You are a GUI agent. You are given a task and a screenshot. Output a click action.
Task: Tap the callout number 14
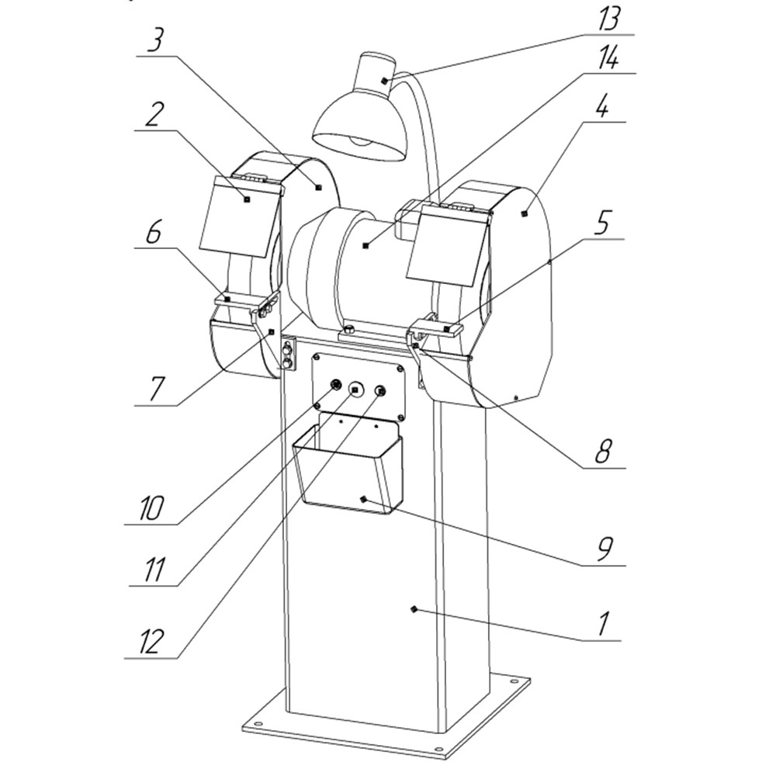608,60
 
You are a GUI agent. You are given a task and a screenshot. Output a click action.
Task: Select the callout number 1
603,625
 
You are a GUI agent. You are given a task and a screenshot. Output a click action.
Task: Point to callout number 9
604,549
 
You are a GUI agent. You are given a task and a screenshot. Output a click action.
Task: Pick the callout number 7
155,389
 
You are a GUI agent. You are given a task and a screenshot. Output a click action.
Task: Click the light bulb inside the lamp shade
362,141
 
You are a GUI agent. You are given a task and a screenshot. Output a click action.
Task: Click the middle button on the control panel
355,390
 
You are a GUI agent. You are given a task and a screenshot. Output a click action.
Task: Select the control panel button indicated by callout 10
336,385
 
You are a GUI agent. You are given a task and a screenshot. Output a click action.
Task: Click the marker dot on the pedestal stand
414,608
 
